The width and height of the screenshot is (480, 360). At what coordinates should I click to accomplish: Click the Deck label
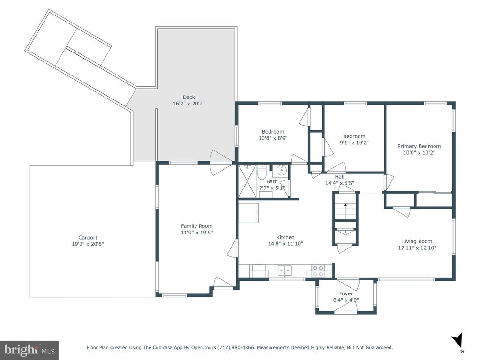(x=188, y=97)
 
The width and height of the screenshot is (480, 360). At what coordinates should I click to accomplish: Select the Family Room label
(x=196, y=226)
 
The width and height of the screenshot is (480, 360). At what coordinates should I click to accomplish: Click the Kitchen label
(x=285, y=237)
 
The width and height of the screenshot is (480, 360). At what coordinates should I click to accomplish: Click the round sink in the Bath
(x=280, y=170)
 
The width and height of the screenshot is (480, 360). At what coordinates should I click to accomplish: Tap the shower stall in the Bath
(x=247, y=180)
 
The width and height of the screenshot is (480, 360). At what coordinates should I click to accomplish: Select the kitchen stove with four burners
(x=318, y=270)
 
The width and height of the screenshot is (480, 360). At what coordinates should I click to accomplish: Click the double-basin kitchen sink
(x=285, y=270)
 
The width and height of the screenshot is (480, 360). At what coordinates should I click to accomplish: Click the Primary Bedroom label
(x=419, y=146)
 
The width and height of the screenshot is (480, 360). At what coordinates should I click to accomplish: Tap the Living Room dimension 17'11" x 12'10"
(x=417, y=247)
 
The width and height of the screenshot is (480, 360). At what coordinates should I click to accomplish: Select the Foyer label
(x=346, y=293)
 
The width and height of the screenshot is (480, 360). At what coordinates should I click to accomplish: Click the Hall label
(x=339, y=177)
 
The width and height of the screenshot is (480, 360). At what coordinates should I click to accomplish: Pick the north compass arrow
(x=457, y=340)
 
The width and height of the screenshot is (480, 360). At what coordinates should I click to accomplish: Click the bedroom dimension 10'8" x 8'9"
(x=273, y=138)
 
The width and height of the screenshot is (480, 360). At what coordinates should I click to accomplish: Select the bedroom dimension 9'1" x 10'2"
(x=354, y=142)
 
